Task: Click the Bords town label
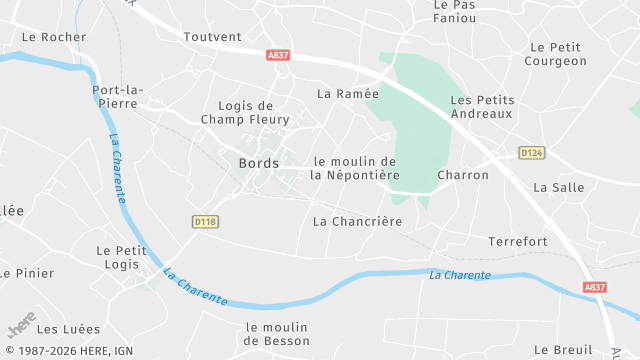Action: pos(259,164)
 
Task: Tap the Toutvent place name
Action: pos(213,37)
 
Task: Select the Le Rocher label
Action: pos(54,37)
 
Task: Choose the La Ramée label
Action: pos(348,94)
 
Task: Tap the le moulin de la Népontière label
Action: pos(355,168)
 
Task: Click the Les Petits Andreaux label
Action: pos(481,107)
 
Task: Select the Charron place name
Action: pos(463,175)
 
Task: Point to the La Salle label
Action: pos(558,187)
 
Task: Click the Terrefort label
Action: pos(517,242)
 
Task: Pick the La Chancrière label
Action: pos(357,221)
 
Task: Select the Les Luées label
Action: pos(69,329)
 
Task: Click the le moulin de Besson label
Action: pos(277,334)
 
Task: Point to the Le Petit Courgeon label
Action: pos(558,54)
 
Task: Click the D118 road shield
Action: pos(205,221)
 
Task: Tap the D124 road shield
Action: pos(531,152)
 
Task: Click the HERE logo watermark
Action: pos(21,325)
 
